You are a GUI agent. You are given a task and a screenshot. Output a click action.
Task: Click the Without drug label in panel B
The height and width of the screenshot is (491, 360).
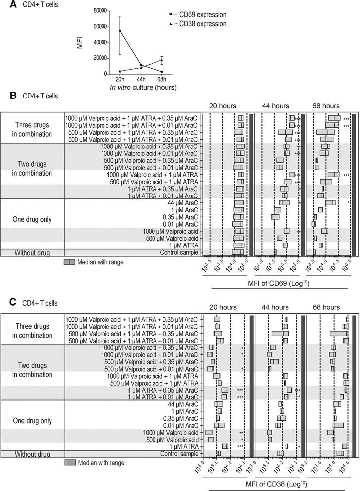(32, 253)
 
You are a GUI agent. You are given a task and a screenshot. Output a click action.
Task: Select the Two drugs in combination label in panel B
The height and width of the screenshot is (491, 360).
(32, 168)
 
